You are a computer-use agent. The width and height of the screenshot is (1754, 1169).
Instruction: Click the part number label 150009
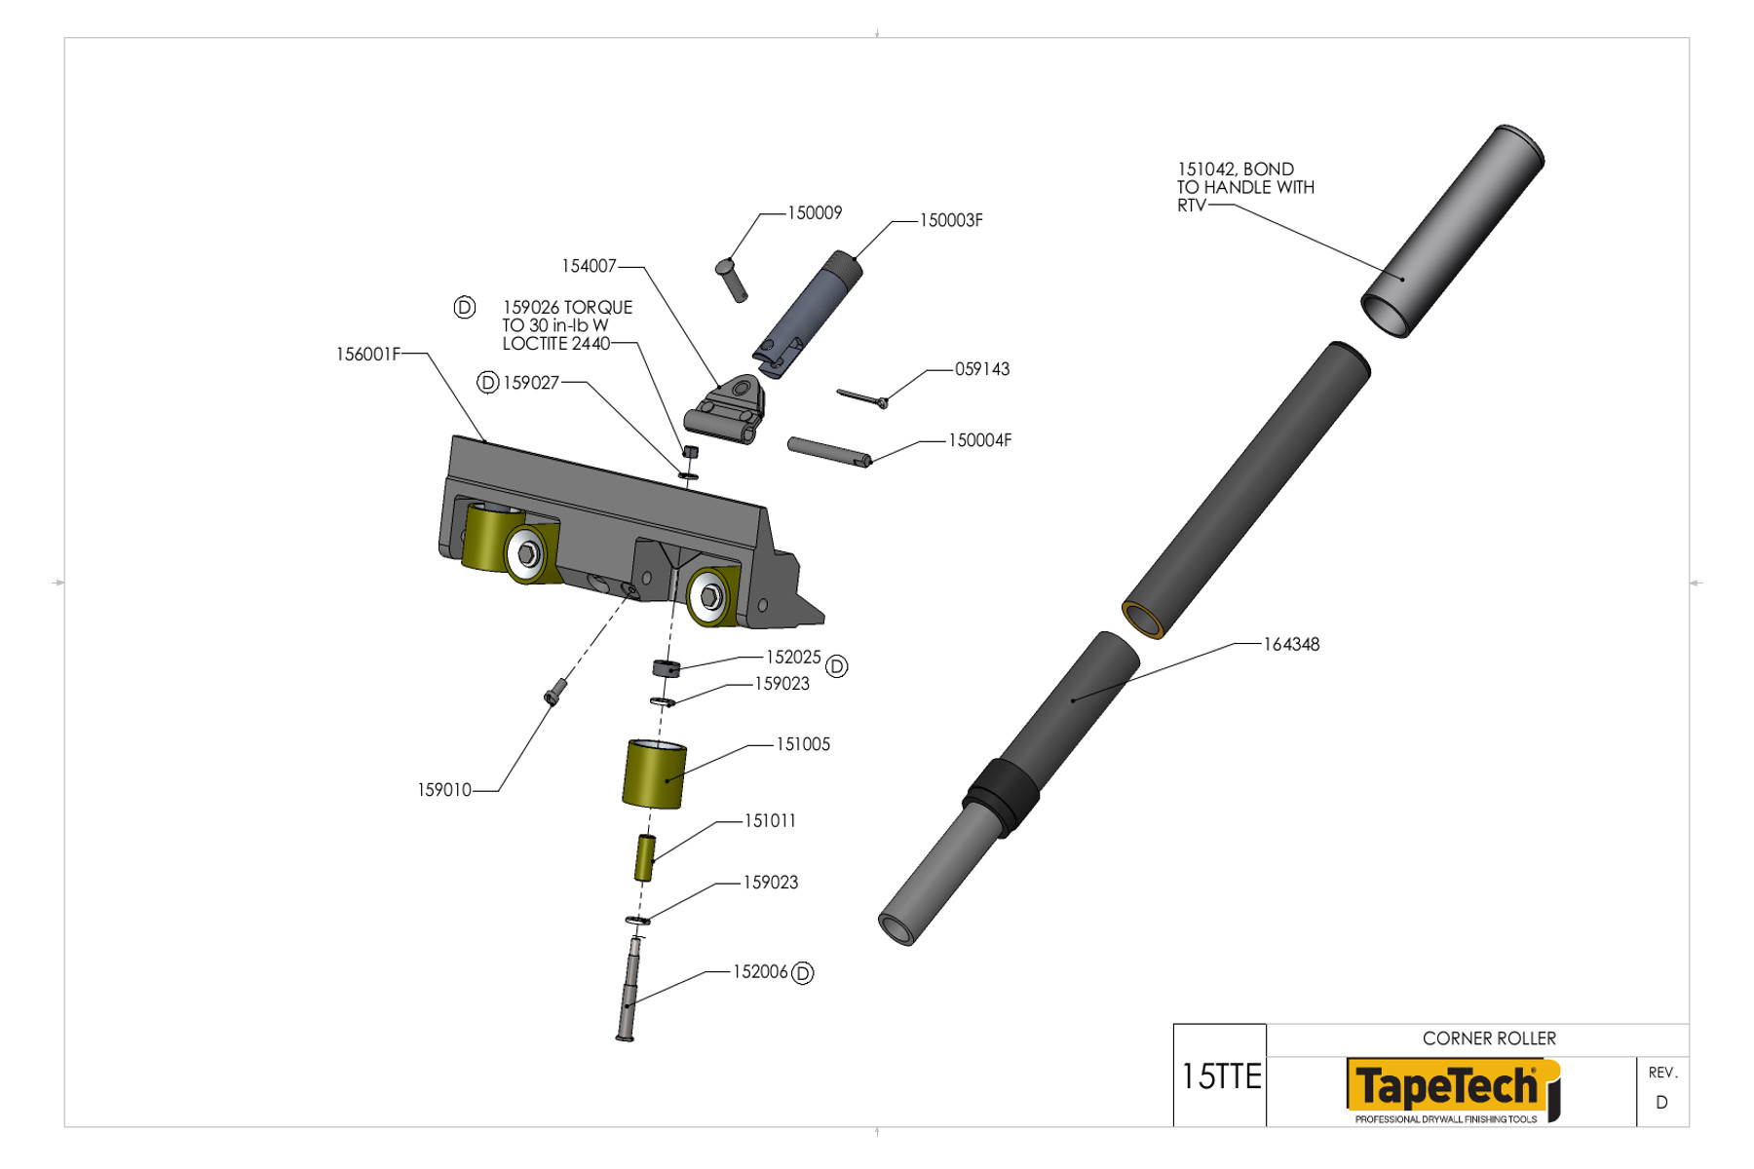point(814,213)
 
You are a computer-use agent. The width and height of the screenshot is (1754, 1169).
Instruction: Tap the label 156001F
point(367,355)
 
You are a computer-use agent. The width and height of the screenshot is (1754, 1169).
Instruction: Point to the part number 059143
point(981,369)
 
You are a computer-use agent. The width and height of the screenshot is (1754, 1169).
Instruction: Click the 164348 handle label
point(1290,645)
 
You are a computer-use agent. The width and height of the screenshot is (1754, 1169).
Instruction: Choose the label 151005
point(802,744)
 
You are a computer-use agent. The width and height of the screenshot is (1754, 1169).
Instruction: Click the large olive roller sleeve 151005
point(654,774)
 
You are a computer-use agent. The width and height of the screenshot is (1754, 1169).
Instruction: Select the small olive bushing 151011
point(644,857)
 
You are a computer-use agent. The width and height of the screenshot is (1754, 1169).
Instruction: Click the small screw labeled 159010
point(553,691)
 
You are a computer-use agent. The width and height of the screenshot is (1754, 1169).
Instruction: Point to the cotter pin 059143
point(861,396)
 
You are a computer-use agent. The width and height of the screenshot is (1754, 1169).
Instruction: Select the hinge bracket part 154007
point(725,411)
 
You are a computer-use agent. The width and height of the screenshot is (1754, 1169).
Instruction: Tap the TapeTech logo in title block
point(1450,1088)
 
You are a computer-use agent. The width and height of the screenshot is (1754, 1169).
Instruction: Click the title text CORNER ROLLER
point(1488,1038)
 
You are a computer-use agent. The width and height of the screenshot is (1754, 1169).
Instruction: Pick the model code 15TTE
point(1220,1076)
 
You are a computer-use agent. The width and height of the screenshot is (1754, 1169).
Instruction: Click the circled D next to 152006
point(802,973)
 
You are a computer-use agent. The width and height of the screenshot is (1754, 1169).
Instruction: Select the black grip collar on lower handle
point(1002,796)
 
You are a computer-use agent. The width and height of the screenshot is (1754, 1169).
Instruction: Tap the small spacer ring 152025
point(666,668)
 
